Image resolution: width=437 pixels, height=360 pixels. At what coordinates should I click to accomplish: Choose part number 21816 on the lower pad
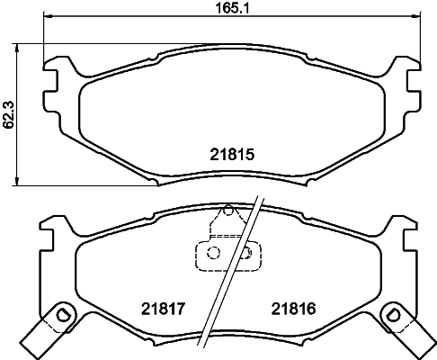(x=293, y=308)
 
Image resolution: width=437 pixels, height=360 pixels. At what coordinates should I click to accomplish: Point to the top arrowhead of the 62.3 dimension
(x=19, y=46)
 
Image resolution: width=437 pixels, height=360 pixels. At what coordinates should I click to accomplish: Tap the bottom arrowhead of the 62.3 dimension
(x=19, y=182)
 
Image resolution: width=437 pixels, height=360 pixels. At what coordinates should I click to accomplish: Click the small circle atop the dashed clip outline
(x=227, y=212)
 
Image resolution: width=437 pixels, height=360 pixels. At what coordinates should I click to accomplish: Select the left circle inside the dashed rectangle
(x=213, y=254)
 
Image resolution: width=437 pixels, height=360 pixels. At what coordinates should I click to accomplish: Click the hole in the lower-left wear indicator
(x=61, y=315)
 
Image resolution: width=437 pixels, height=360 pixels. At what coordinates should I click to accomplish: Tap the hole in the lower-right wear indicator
(x=393, y=315)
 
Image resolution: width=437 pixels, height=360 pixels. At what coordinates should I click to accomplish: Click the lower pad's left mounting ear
(x=52, y=236)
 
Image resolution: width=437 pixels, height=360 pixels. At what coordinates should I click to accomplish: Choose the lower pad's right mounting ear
(x=402, y=236)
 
